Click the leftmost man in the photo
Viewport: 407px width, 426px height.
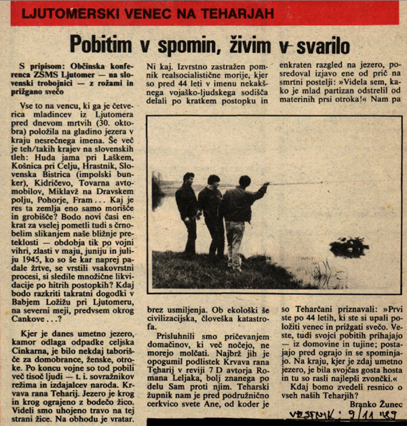pos(187,211)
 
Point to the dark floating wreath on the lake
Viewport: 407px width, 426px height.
pos(349,246)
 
